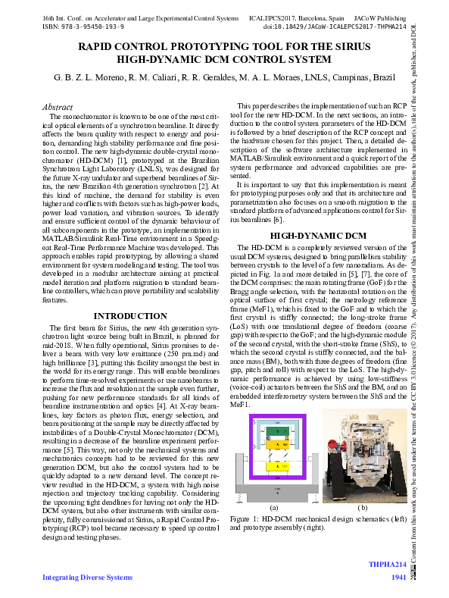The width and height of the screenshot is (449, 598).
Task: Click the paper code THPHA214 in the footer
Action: [388, 565]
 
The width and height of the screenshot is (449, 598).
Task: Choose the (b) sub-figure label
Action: [362, 506]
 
